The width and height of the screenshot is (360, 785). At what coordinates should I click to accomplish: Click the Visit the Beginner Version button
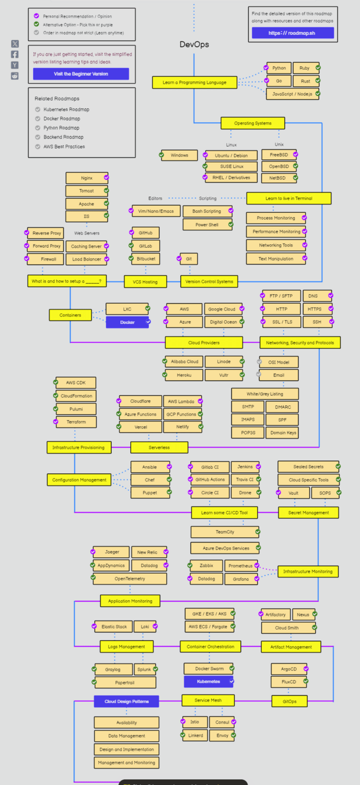point(81,74)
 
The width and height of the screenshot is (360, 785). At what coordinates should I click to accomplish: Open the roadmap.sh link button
point(293,33)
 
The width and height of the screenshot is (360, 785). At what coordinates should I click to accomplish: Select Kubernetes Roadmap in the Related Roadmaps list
point(66,109)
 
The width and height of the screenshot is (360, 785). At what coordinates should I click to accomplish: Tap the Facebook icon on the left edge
point(15,54)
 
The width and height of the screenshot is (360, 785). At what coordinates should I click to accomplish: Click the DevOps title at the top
point(194,44)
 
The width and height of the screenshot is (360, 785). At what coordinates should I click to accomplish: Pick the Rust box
point(305,81)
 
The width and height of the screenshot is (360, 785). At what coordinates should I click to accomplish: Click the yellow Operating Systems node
point(252,123)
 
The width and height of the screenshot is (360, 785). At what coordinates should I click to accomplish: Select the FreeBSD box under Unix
point(279,155)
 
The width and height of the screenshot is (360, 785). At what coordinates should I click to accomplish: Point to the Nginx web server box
point(86,177)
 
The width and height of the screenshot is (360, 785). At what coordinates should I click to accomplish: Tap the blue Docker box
point(127,322)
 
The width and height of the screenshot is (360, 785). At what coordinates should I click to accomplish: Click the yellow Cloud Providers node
point(204,342)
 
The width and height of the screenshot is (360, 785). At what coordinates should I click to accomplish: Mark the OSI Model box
point(278,362)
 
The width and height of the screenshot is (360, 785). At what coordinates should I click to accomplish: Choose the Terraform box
point(76,422)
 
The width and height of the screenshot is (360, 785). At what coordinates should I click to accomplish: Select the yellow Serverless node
point(159,447)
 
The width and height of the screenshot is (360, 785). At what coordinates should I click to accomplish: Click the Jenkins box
point(245,467)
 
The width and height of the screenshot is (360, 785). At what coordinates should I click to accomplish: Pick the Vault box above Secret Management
point(294,493)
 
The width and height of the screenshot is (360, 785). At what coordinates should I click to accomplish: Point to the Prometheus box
point(240,566)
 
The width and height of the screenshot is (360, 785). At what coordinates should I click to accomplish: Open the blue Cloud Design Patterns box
point(126,701)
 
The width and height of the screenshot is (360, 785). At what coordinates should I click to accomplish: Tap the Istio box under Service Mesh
point(194,722)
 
